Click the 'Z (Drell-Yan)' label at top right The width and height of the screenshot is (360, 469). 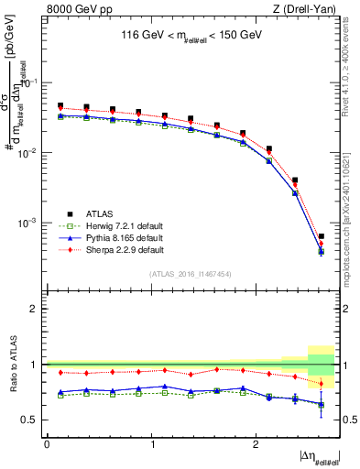pyautogui.click(x=305, y=9)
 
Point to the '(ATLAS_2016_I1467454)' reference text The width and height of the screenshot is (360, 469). pyautogui.click(x=191, y=274)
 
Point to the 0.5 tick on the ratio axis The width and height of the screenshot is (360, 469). pyautogui.click(x=31, y=420)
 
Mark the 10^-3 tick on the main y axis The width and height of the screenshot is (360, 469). pyautogui.click(x=28, y=223)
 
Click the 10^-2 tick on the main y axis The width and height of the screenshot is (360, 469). pyautogui.click(x=28, y=153)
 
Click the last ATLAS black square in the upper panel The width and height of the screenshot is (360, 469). pyautogui.click(x=321, y=236)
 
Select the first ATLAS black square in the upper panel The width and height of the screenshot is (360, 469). pyautogui.click(x=60, y=106)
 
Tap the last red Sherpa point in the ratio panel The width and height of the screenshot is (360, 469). pyautogui.click(x=321, y=384)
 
